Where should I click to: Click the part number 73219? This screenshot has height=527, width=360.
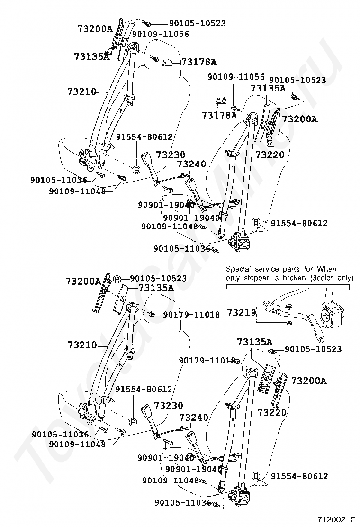click(x=241, y=312)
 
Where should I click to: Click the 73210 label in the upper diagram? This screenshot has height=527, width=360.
click(x=81, y=91)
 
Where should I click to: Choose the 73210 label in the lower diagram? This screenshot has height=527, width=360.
click(x=82, y=345)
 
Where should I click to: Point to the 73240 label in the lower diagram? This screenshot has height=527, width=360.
click(x=193, y=418)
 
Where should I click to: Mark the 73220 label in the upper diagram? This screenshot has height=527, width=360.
click(x=270, y=154)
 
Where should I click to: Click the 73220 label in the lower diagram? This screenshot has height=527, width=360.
click(x=272, y=413)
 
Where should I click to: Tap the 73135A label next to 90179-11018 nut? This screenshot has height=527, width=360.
click(x=254, y=341)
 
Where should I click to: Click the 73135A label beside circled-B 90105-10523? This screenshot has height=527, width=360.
click(x=156, y=288)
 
